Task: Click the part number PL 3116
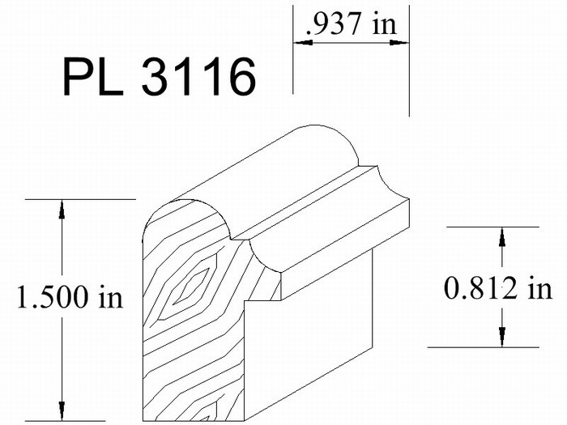click(160, 77)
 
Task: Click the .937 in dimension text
click(351, 23)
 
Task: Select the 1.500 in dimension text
click(70, 296)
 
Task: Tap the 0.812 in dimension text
click(498, 288)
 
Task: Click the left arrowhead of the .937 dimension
click(303, 43)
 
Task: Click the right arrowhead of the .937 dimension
click(399, 43)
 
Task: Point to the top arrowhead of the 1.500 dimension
click(62, 209)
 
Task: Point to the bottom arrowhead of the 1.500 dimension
click(62, 411)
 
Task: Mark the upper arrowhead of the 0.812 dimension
click(502, 237)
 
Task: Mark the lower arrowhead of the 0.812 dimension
click(502, 338)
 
